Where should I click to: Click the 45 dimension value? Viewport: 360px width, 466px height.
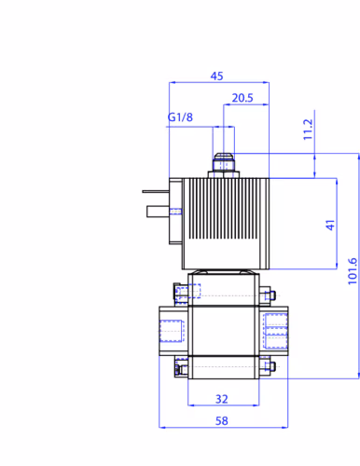point(216,76)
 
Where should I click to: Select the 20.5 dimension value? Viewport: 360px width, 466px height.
point(242,98)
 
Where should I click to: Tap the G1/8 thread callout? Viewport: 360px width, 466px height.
point(180,117)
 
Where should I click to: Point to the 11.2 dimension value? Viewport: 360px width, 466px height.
point(308,130)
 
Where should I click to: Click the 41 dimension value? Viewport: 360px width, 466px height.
point(330,225)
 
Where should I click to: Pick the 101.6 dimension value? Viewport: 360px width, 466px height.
point(353,271)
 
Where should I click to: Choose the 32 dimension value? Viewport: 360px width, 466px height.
point(222,399)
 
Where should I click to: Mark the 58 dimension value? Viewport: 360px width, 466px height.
point(222,421)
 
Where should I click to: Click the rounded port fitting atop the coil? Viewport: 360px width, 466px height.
point(224,161)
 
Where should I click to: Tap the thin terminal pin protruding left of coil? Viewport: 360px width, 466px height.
point(156,191)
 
